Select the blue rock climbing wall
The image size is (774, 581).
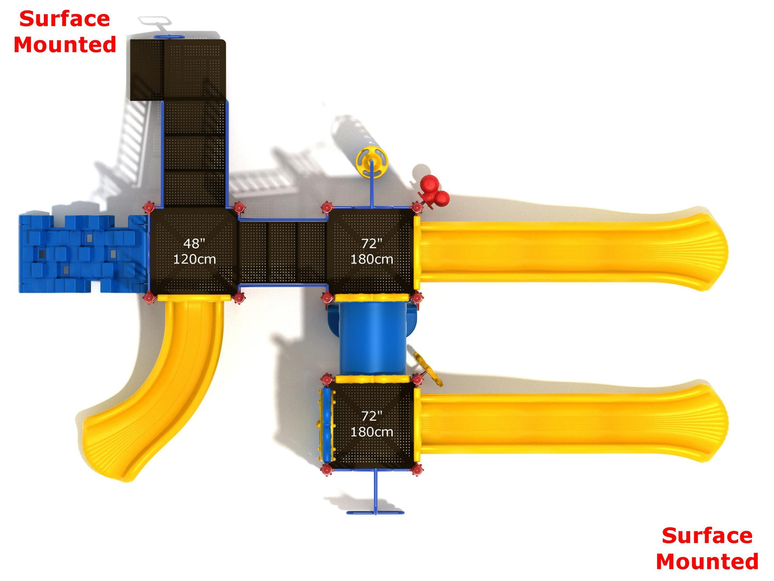[83, 254]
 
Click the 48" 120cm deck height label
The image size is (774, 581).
[194, 251]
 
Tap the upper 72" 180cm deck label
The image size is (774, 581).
[372, 251]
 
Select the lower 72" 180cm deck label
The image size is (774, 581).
[372, 424]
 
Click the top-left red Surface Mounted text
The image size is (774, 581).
[65, 32]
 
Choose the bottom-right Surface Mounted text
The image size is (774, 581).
[707, 548]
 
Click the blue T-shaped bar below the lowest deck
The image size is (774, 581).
[375, 506]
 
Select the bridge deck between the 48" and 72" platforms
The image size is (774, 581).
[282, 252]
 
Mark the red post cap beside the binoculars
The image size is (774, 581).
[417, 207]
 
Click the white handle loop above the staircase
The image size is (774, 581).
[155, 21]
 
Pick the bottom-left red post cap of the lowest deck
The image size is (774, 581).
[326, 470]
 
